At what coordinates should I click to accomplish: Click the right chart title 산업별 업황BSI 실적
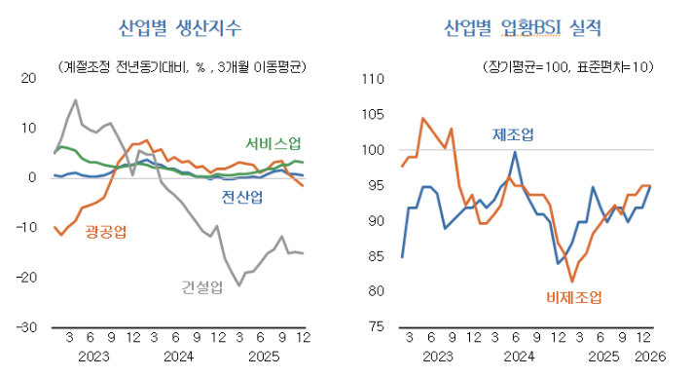point(523,27)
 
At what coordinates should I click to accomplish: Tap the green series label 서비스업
point(273,143)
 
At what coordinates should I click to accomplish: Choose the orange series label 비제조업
point(574,296)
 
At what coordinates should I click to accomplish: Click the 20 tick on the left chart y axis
point(29,78)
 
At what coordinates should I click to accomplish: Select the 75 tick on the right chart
point(375,327)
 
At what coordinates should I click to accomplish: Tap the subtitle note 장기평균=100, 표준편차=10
point(566,66)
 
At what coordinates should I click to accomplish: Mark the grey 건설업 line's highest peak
point(75,99)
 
